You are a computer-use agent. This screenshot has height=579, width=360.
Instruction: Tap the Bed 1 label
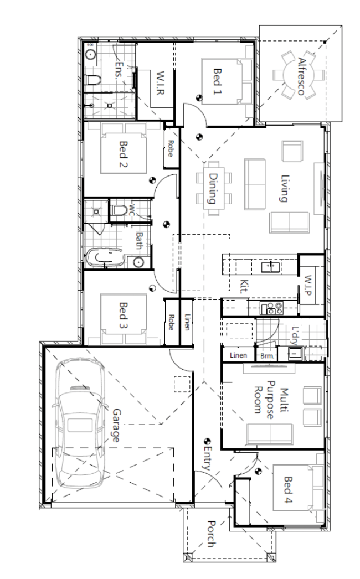pyautogui.click(x=218, y=81)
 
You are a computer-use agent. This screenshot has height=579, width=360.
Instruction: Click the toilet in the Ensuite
pyautogui.click(x=93, y=79)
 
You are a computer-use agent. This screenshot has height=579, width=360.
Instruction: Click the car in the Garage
pyautogui.click(x=79, y=423)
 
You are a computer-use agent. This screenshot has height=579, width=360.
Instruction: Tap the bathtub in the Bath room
pyautogui.click(x=105, y=257)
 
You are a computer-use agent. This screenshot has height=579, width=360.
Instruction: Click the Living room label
pyautogui.click(x=284, y=188)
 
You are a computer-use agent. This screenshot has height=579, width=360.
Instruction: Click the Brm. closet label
pyautogui.click(x=267, y=356)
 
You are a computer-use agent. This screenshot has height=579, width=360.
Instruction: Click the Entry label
pyautogui.click(x=207, y=458)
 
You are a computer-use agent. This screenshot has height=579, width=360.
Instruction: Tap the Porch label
pyautogui.click(x=212, y=534)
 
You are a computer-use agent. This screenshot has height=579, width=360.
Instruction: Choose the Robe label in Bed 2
pyautogui.click(x=171, y=148)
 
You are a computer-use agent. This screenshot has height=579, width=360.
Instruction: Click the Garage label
pyautogui.click(x=116, y=425)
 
